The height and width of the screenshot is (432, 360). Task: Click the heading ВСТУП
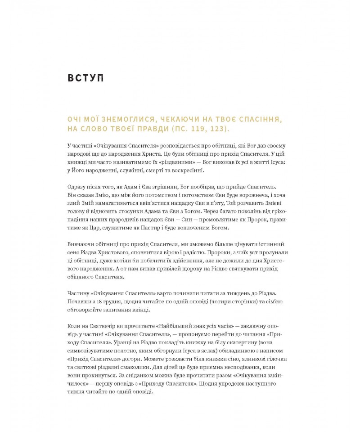(85, 78)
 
